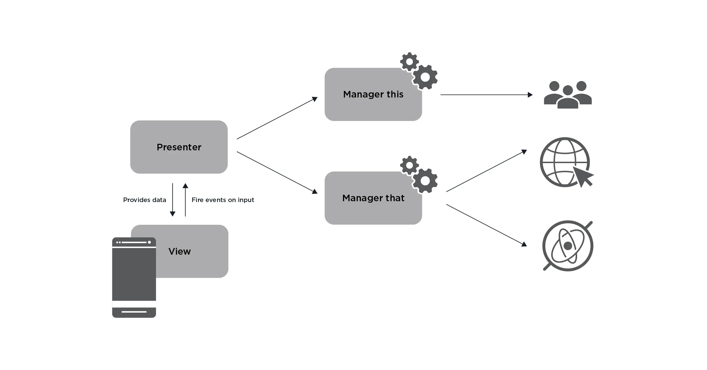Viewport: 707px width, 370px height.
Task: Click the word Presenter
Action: (179, 147)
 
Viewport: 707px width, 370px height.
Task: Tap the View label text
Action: (179, 251)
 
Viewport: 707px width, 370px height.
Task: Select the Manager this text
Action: (373, 94)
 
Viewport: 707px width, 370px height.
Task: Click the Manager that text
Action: (373, 198)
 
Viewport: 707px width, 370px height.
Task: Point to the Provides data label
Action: (144, 200)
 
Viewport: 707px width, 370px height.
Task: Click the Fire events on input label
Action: (223, 200)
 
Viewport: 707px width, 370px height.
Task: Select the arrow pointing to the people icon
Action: (486, 95)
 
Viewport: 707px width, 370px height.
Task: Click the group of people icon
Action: (568, 95)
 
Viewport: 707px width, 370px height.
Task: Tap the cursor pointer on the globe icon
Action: (582, 176)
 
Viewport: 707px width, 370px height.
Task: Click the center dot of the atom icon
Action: (568, 246)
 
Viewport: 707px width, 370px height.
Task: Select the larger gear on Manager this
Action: (425, 77)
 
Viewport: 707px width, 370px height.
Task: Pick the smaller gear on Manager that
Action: (409, 165)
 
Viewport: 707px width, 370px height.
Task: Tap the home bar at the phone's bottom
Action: (134, 312)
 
